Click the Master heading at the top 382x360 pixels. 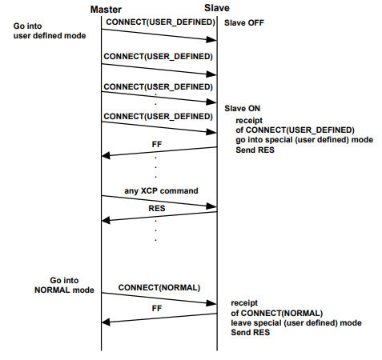tap(106, 10)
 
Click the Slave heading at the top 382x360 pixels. tap(217, 8)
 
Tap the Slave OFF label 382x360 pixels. tap(244, 23)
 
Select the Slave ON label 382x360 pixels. tap(242, 108)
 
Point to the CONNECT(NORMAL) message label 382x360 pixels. tap(159, 288)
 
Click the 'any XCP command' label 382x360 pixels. tap(161, 191)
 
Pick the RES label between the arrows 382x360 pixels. tap(157, 208)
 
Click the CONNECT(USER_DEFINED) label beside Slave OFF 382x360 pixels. tap(160, 22)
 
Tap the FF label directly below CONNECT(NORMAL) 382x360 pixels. tap(157, 308)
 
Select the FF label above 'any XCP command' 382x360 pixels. tap(157, 144)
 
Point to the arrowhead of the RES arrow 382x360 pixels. tap(105, 221)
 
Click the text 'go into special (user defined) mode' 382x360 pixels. tap(304, 140)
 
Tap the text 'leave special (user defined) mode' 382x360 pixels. tap(296, 323)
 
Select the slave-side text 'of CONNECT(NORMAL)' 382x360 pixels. tap(277, 313)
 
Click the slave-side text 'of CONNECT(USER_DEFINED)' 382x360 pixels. tap(295, 130)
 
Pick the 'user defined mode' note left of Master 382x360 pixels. tap(50, 36)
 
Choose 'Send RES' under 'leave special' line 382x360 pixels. tap(251, 333)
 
